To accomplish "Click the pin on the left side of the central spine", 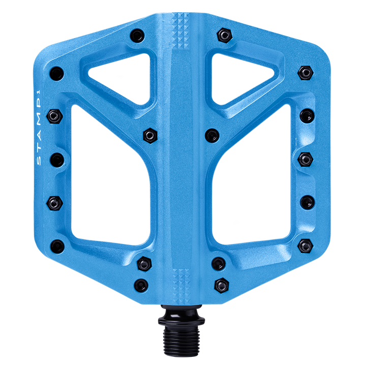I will (x=149, y=135).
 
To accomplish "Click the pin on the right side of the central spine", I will (x=212, y=135).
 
